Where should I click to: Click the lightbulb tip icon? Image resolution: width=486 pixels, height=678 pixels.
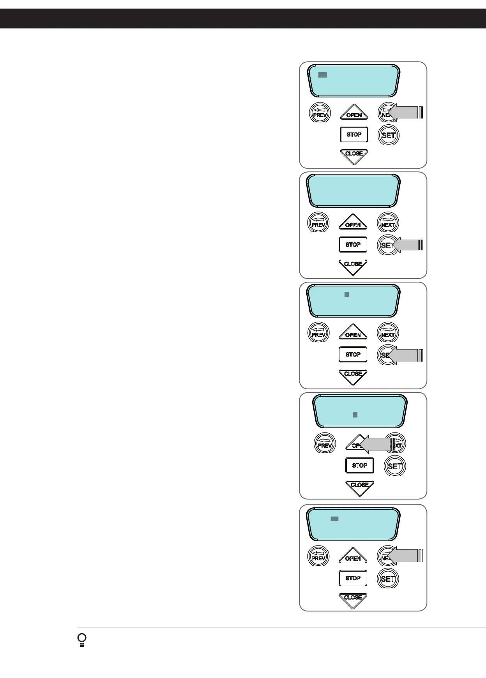click(x=82, y=640)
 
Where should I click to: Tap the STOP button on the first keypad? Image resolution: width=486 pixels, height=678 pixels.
click(x=354, y=134)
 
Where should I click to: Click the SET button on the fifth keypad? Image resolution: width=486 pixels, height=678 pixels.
click(x=388, y=579)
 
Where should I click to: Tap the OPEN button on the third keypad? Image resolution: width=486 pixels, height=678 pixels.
click(x=353, y=333)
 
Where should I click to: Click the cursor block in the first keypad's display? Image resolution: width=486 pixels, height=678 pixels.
click(x=322, y=74)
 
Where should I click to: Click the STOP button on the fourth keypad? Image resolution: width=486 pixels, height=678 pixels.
click(x=359, y=465)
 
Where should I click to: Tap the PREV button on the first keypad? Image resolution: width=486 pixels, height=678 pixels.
click(x=320, y=113)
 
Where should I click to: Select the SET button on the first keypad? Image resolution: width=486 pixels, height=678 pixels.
click(x=389, y=135)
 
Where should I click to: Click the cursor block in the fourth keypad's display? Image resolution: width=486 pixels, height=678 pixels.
click(x=355, y=415)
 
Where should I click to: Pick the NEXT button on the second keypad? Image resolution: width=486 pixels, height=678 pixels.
click(x=388, y=223)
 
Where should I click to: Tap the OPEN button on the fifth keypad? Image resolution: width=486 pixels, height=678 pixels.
click(x=353, y=556)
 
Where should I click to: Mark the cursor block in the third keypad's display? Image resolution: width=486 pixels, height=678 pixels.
click(x=346, y=295)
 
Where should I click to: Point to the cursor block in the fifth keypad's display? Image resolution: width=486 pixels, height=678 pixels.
click(x=334, y=519)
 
